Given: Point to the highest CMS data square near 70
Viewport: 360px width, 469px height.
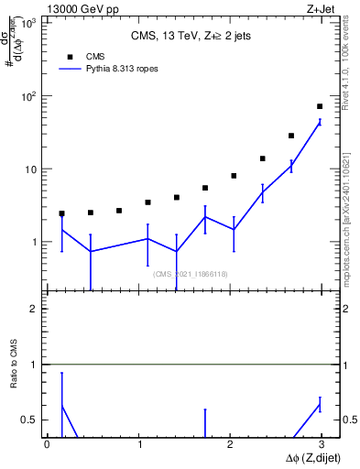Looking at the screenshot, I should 320,106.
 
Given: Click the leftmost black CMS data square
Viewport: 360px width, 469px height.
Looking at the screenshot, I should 61,213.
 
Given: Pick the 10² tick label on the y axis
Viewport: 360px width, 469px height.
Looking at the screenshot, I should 29,96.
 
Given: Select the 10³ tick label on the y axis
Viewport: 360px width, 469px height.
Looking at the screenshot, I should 29,23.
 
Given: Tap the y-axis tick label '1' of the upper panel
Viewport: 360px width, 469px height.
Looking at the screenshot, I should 35,243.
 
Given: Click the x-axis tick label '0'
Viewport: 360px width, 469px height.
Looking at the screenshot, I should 47,444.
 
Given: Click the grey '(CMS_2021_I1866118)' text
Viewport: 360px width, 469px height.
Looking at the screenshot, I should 191,274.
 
